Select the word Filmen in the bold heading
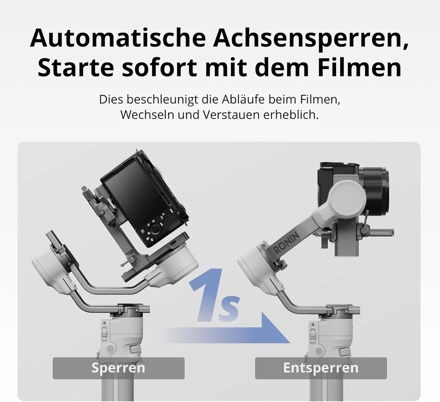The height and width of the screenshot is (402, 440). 360,67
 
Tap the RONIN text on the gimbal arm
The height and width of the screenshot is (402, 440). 286,243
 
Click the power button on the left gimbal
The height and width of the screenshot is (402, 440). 110,348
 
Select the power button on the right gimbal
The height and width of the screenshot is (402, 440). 319,351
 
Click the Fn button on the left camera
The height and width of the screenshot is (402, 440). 162,218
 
